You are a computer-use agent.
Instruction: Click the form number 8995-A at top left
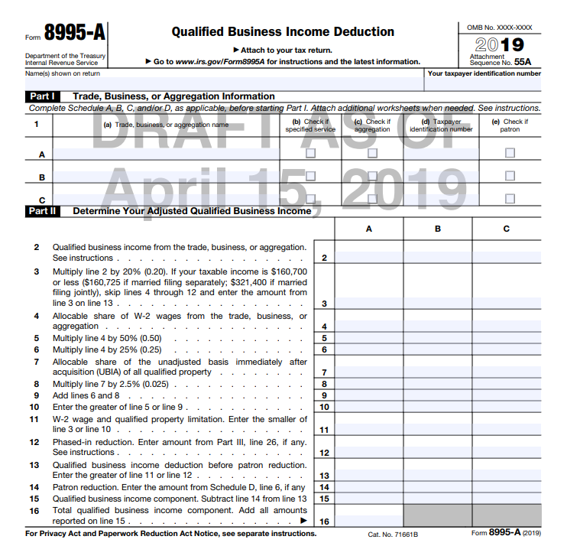click(74, 33)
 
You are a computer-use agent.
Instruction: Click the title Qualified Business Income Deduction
click(283, 32)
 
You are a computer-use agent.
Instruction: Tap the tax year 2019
click(500, 44)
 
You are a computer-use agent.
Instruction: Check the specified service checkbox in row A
click(310, 154)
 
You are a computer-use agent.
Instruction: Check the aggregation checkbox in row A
click(372, 154)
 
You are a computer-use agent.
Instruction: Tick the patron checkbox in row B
click(510, 176)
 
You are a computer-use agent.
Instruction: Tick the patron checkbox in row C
click(510, 199)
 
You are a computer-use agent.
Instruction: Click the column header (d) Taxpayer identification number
click(441, 125)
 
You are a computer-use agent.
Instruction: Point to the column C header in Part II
click(507, 229)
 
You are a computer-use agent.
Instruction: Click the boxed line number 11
click(324, 430)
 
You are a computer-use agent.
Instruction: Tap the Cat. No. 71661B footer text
click(393, 534)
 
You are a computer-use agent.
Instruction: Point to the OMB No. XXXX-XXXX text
click(500, 28)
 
